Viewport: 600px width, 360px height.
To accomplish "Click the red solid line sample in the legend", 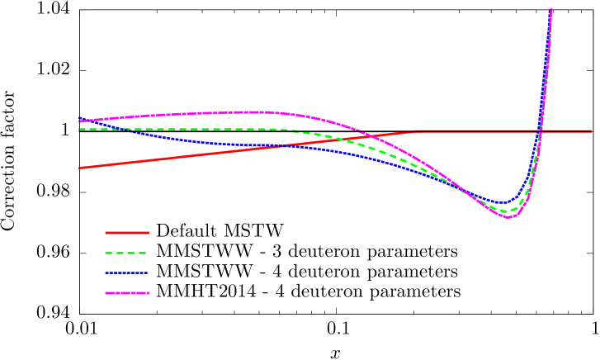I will (x=126, y=232).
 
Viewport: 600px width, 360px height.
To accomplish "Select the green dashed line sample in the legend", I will (x=126, y=253).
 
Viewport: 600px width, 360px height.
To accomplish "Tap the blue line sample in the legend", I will (x=126, y=272).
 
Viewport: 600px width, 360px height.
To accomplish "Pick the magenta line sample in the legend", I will (x=126, y=293).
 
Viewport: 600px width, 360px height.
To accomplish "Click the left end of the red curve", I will (x=79, y=168).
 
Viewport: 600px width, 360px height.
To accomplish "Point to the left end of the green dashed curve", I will (x=79, y=129).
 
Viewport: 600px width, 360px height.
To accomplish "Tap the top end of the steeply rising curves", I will (x=550, y=10).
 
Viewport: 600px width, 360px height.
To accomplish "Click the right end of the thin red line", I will (x=592, y=130).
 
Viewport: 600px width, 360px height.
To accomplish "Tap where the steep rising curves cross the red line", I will (x=541, y=130).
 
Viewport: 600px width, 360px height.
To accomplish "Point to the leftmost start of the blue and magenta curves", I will (x=79, y=121).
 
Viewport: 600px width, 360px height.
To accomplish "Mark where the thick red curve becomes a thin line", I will (x=423, y=130).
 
